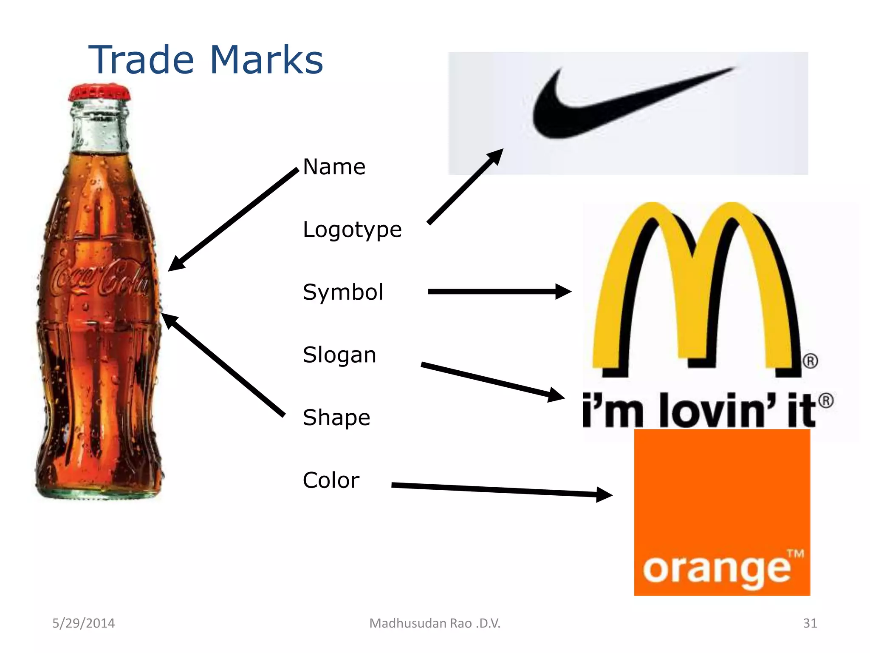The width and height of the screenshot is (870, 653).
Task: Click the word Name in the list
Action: (x=334, y=167)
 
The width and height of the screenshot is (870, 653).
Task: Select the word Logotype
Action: (x=352, y=230)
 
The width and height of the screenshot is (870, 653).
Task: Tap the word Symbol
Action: (x=343, y=292)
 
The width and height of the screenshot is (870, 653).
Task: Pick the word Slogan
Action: (x=339, y=355)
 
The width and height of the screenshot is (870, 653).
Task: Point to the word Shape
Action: (x=336, y=417)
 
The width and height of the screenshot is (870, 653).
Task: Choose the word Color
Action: (x=331, y=480)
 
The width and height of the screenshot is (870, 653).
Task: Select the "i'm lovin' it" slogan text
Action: (x=701, y=410)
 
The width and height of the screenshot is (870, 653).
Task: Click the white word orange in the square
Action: (x=717, y=570)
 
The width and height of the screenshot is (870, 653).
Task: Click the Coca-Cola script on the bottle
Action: (x=100, y=278)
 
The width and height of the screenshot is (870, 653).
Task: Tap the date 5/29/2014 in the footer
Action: (x=84, y=623)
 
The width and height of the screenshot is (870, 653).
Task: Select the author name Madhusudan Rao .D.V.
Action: (x=435, y=623)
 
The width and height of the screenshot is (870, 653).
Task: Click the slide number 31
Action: (x=810, y=623)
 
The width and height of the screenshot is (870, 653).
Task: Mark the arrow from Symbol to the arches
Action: (x=497, y=292)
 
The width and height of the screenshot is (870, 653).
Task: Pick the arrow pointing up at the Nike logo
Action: (x=465, y=186)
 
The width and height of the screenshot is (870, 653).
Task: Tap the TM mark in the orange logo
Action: (x=795, y=554)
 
